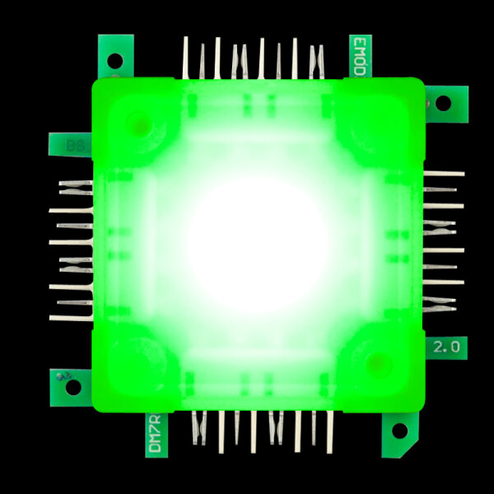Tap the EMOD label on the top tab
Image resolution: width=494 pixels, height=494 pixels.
(359, 56)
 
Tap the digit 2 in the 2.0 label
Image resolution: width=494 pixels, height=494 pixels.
(437, 347)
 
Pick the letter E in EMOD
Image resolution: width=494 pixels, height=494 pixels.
(359, 41)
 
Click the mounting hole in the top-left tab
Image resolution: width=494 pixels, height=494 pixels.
(114, 59)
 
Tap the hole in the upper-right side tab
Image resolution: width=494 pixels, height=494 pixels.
(442, 103)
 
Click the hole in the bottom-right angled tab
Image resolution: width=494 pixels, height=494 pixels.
(399, 431)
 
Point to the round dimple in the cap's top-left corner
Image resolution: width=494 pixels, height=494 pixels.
(141, 125)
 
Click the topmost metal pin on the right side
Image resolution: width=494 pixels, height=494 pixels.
(444, 174)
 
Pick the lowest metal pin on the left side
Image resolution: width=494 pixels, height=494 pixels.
(71, 317)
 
